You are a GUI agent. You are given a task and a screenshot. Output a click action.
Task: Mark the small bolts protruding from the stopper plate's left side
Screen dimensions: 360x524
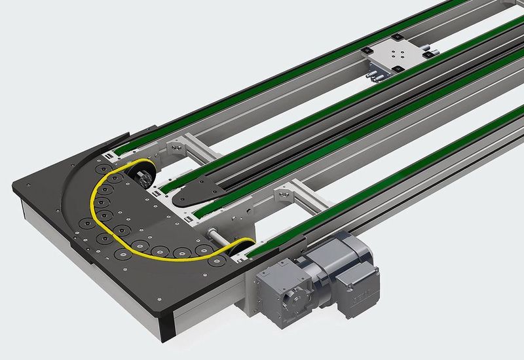click(375, 77)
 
